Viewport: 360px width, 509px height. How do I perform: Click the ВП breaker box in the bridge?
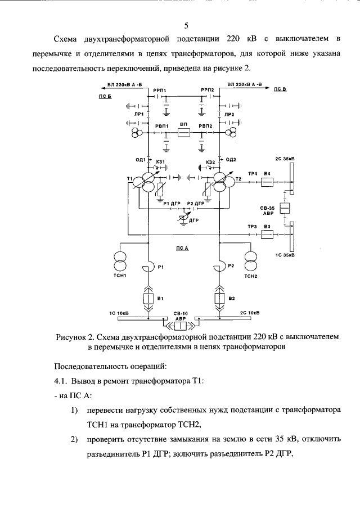point(183,133)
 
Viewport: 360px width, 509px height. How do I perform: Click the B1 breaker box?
point(148,298)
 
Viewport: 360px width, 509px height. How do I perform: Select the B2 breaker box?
point(219,298)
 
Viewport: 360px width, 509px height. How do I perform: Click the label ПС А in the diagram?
point(182,248)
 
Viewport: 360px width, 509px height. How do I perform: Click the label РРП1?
point(151,90)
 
